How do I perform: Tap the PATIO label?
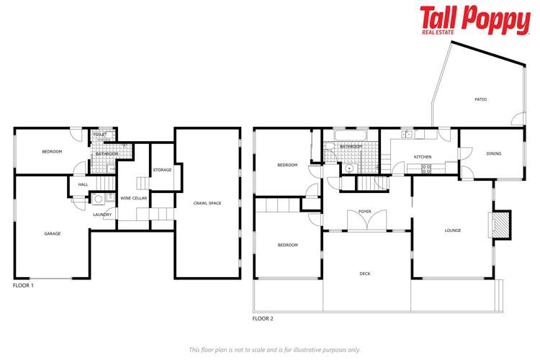(480, 99)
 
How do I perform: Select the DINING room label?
(493, 153)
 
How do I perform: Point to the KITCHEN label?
(422, 157)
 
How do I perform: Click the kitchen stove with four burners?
(426, 169)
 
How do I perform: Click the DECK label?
(366, 274)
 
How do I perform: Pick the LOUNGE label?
(452, 231)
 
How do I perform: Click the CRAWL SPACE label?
(207, 203)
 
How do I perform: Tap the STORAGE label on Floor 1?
(162, 170)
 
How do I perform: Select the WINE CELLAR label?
(131, 198)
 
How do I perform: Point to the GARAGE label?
(52, 233)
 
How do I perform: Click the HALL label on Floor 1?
(83, 184)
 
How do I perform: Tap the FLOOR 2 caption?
(263, 318)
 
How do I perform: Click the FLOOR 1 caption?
(23, 286)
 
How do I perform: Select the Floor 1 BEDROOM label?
(52, 151)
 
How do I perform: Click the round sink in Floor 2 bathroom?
(349, 169)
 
